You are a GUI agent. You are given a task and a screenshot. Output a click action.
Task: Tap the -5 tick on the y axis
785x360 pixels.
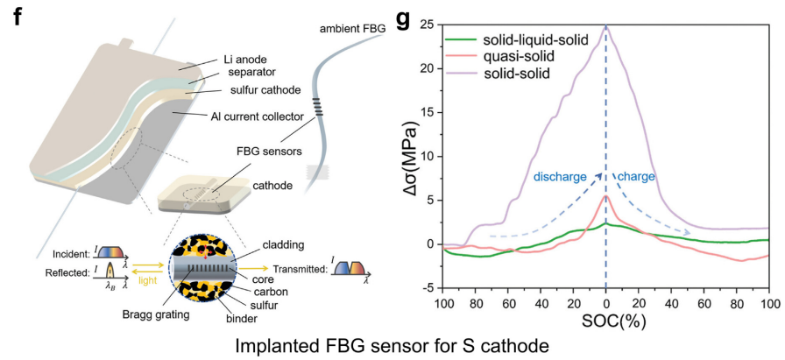point(427,288)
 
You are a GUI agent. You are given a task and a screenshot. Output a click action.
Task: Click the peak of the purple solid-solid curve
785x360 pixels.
point(605,26)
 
